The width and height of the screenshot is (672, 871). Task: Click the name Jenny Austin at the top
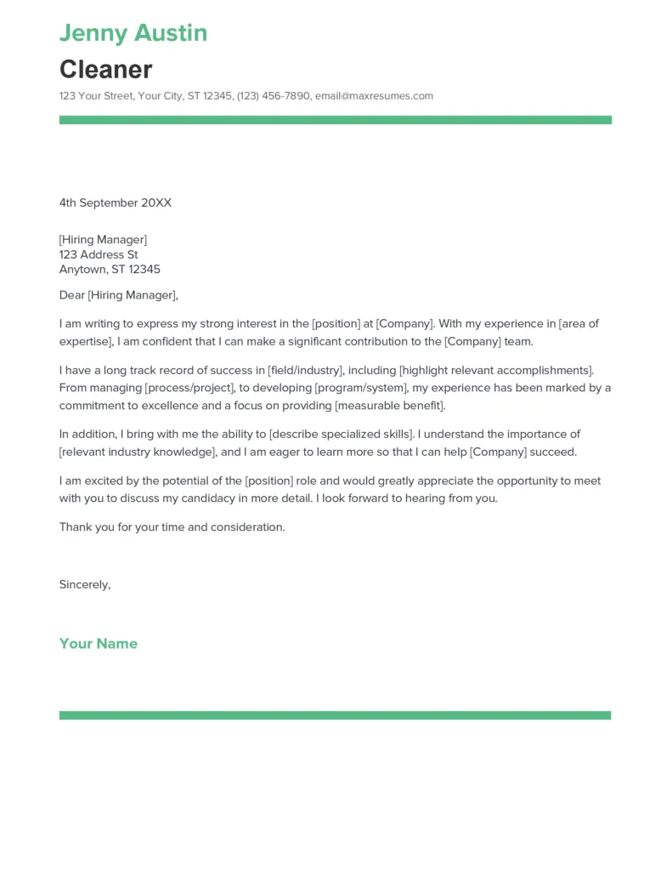(x=133, y=33)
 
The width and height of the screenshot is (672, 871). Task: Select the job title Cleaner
(x=105, y=69)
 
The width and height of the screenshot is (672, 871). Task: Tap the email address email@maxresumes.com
(x=374, y=96)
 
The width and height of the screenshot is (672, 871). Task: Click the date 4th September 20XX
(x=116, y=202)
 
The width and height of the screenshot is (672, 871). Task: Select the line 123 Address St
(x=99, y=254)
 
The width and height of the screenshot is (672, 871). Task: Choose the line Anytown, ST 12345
(x=110, y=270)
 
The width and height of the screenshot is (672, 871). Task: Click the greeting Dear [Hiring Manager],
(x=119, y=295)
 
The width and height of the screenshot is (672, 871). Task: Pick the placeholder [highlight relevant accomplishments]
(x=496, y=370)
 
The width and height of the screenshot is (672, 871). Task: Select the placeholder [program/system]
(x=359, y=388)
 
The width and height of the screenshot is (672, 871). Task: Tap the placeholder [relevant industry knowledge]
(x=136, y=452)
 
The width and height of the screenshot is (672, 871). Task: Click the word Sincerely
(x=84, y=584)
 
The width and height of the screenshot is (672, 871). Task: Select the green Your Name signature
(x=98, y=644)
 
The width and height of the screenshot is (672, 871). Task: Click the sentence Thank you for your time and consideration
(x=172, y=527)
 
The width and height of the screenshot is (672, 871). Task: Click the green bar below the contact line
(x=335, y=120)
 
